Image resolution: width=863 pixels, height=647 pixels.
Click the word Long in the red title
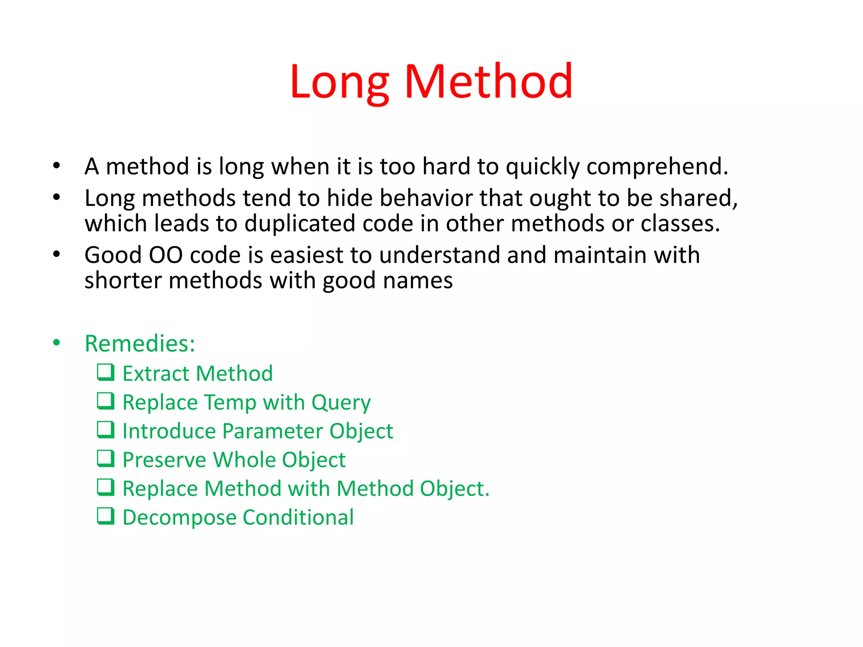pos(339,82)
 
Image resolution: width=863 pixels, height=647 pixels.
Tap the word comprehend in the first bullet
pos(657,167)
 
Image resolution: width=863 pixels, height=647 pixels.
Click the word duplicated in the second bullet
pos(300,224)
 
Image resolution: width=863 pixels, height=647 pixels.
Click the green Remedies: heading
pos(140,344)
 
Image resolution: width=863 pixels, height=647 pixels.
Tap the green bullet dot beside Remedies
pos(56,343)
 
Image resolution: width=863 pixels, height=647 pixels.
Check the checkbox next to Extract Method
pos(105,372)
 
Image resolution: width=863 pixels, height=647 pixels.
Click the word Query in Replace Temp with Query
pos(341,403)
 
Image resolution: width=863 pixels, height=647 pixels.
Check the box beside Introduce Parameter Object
pos(105,430)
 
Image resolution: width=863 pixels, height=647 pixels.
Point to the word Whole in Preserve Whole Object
pos(244,460)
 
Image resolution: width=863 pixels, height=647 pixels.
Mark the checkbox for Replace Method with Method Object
pos(105,487)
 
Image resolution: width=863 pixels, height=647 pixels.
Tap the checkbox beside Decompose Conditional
pos(105,516)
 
